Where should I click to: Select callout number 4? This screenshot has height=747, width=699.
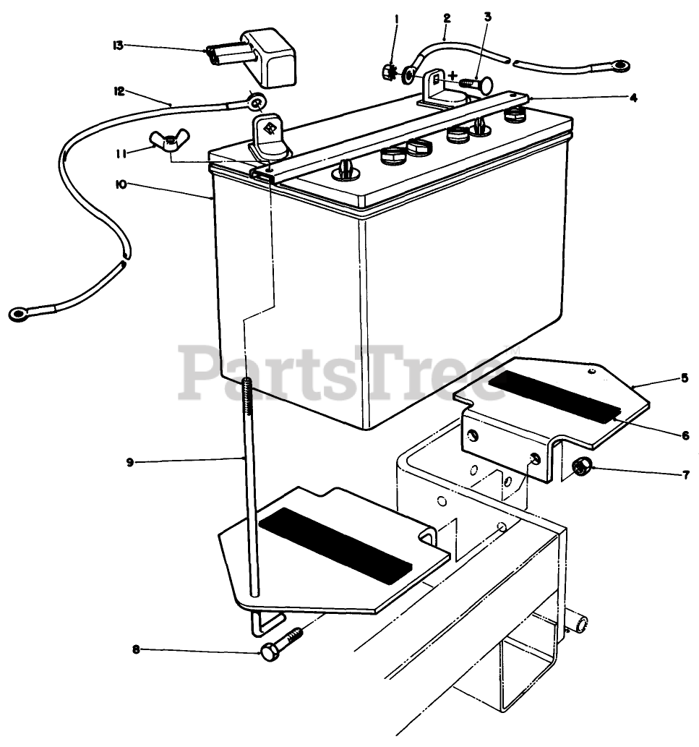coord(633,98)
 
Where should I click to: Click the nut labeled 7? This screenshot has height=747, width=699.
coord(579,469)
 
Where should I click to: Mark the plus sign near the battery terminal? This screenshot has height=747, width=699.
coord(453,75)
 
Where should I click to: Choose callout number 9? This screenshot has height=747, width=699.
coord(130,462)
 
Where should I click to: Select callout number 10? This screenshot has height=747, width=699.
coord(120,184)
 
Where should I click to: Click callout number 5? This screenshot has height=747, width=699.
coord(685,377)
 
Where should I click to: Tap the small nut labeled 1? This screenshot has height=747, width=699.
coord(388,71)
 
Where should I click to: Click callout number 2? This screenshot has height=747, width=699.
coord(447,16)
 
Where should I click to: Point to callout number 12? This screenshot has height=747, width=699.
coord(119,91)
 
